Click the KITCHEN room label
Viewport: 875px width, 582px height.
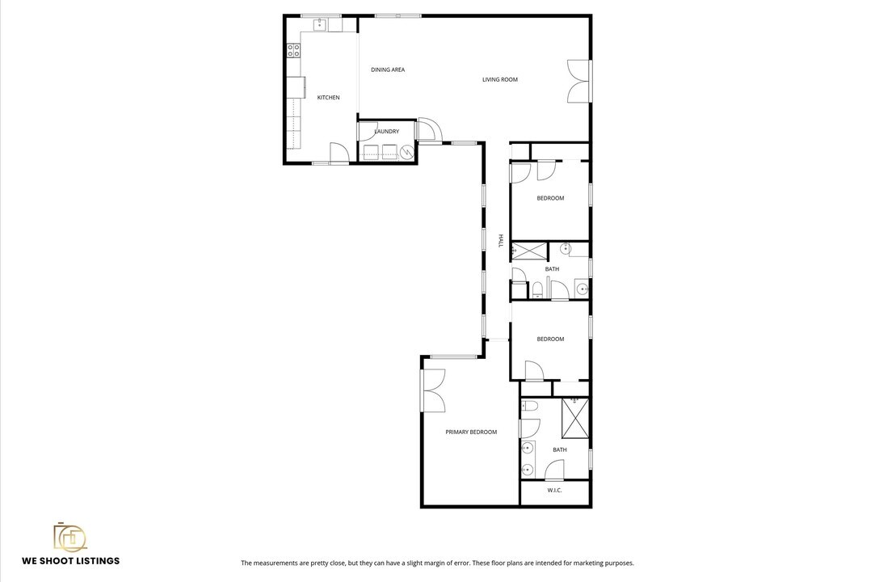point(328,98)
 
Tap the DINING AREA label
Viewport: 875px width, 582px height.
point(388,70)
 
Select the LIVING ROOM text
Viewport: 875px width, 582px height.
point(500,79)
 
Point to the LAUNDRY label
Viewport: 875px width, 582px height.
point(387,132)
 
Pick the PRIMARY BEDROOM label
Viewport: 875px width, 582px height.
point(471,432)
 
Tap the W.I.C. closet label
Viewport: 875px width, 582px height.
point(554,491)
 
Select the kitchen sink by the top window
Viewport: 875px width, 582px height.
point(320,24)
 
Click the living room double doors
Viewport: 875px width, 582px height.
point(579,81)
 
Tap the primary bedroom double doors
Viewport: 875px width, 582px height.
point(433,390)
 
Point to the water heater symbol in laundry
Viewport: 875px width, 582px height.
point(406,151)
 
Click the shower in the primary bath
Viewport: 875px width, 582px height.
point(575,417)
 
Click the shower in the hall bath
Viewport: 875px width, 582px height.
point(529,251)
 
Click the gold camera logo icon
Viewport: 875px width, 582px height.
point(70,538)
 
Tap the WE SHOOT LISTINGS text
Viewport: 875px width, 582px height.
point(70,561)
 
